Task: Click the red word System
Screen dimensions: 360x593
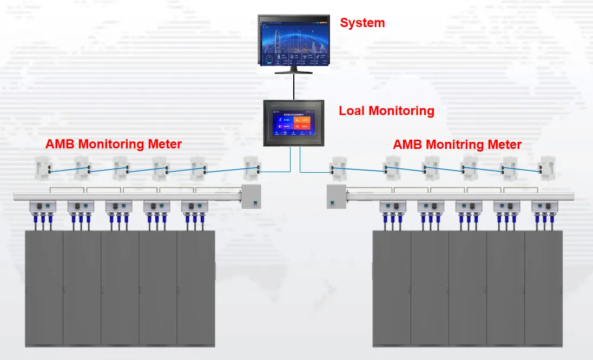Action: tap(362, 23)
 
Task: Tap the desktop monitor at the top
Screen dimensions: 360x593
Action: tap(294, 41)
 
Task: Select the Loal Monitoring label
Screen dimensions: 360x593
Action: tap(386, 111)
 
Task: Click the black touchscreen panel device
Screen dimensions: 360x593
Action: tap(294, 123)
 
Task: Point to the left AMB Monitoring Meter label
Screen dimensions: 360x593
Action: tap(114, 144)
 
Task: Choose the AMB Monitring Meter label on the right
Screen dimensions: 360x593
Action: tap(457, 145)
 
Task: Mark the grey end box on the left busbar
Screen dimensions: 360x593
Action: tap(251, 196)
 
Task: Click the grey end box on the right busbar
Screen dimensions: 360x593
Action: tap(337, 196)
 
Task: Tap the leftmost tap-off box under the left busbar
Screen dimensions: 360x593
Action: tap(43, 206)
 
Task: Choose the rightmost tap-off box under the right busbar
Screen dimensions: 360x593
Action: tap(544, 206)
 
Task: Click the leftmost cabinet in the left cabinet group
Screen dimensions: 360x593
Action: tap(44, 288)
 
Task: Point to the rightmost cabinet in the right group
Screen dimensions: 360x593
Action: tap(543, 288)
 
